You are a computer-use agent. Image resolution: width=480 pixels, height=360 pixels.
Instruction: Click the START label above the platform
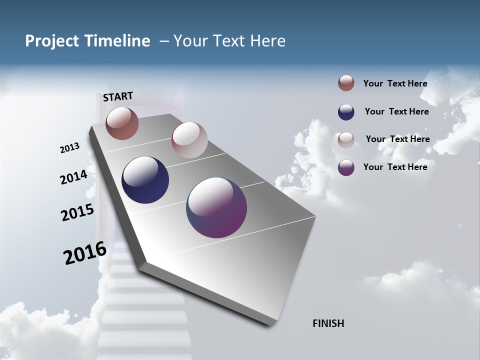118,96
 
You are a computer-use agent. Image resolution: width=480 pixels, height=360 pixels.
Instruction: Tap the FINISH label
328,323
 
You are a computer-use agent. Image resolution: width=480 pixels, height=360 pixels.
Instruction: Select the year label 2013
69,148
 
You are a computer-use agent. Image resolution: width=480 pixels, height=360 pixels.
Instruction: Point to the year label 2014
73,177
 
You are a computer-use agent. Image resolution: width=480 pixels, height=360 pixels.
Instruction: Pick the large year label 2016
85,253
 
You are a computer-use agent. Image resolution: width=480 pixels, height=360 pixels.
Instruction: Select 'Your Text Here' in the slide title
229,41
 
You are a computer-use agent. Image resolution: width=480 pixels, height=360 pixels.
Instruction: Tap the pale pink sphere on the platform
189,140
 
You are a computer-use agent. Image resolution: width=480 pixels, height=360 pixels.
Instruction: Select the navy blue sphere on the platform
145,180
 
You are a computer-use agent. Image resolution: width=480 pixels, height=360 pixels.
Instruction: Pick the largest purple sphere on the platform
216,207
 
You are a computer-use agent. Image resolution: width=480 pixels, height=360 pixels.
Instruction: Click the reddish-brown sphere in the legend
346,83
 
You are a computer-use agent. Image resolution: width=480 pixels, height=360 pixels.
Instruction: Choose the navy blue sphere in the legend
346,112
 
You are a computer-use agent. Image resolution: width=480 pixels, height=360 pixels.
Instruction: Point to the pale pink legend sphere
346,140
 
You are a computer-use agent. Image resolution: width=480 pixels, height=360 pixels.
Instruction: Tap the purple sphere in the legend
346,167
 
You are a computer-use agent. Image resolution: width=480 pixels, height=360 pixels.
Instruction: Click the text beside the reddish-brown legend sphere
395,83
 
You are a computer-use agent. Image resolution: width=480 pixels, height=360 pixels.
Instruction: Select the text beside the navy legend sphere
396,111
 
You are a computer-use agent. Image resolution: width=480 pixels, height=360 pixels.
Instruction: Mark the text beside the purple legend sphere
395,167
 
